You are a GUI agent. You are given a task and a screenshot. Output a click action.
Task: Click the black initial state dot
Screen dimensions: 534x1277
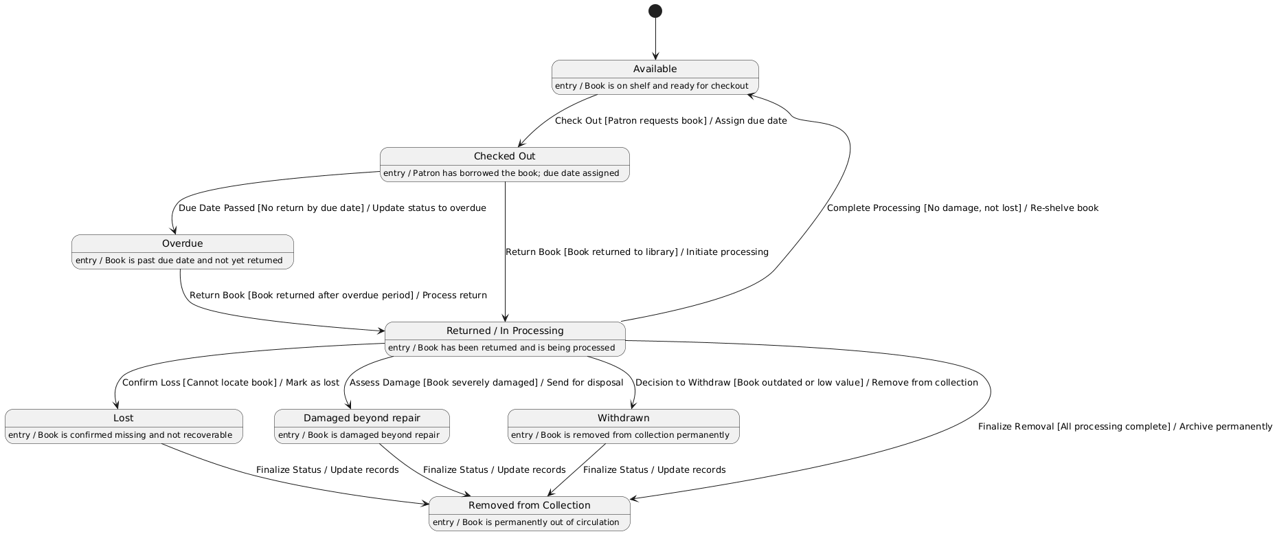pos(655,11)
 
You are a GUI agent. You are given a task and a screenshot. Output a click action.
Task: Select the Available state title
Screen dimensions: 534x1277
pos(655,69)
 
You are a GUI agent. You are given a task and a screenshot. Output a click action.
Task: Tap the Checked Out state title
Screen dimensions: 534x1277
pos(504,156)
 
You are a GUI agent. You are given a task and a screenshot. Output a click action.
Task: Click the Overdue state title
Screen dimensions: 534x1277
pos(182,243)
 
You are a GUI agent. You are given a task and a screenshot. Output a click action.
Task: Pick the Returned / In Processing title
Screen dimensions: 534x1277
pos(505,331)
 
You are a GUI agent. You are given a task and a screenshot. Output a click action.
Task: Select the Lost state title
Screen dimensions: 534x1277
pos(123,418)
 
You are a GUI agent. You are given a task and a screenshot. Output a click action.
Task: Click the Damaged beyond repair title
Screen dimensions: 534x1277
pos(361,418)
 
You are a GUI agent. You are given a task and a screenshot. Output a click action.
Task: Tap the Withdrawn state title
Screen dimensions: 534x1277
pos(623,418)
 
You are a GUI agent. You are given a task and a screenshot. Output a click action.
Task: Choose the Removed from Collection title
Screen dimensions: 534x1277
pos(529,505)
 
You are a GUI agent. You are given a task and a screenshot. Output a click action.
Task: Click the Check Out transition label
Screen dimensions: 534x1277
pos(670,121)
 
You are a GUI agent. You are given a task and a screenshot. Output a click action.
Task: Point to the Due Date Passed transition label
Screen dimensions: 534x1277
pos(332,208)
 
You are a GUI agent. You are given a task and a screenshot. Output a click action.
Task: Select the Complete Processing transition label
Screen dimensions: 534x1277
pos(962,208)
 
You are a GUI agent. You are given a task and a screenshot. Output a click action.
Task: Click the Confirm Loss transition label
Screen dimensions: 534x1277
pos(230,383)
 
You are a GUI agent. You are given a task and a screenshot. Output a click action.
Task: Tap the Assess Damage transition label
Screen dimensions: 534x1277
pos(486,383)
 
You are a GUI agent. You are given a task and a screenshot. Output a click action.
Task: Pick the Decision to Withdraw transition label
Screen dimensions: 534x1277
pos(806,383)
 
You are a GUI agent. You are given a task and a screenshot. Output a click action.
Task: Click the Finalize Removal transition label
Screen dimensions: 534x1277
pos(1125,427)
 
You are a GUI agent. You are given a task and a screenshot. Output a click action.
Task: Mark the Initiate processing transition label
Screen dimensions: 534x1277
pos(637,252)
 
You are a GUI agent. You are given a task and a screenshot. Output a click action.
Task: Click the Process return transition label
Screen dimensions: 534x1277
pos(338,296)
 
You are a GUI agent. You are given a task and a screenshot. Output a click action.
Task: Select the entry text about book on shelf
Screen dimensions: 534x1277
pos(651,86)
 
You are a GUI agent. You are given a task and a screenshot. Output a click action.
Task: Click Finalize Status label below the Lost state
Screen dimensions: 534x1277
pos(327,470)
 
